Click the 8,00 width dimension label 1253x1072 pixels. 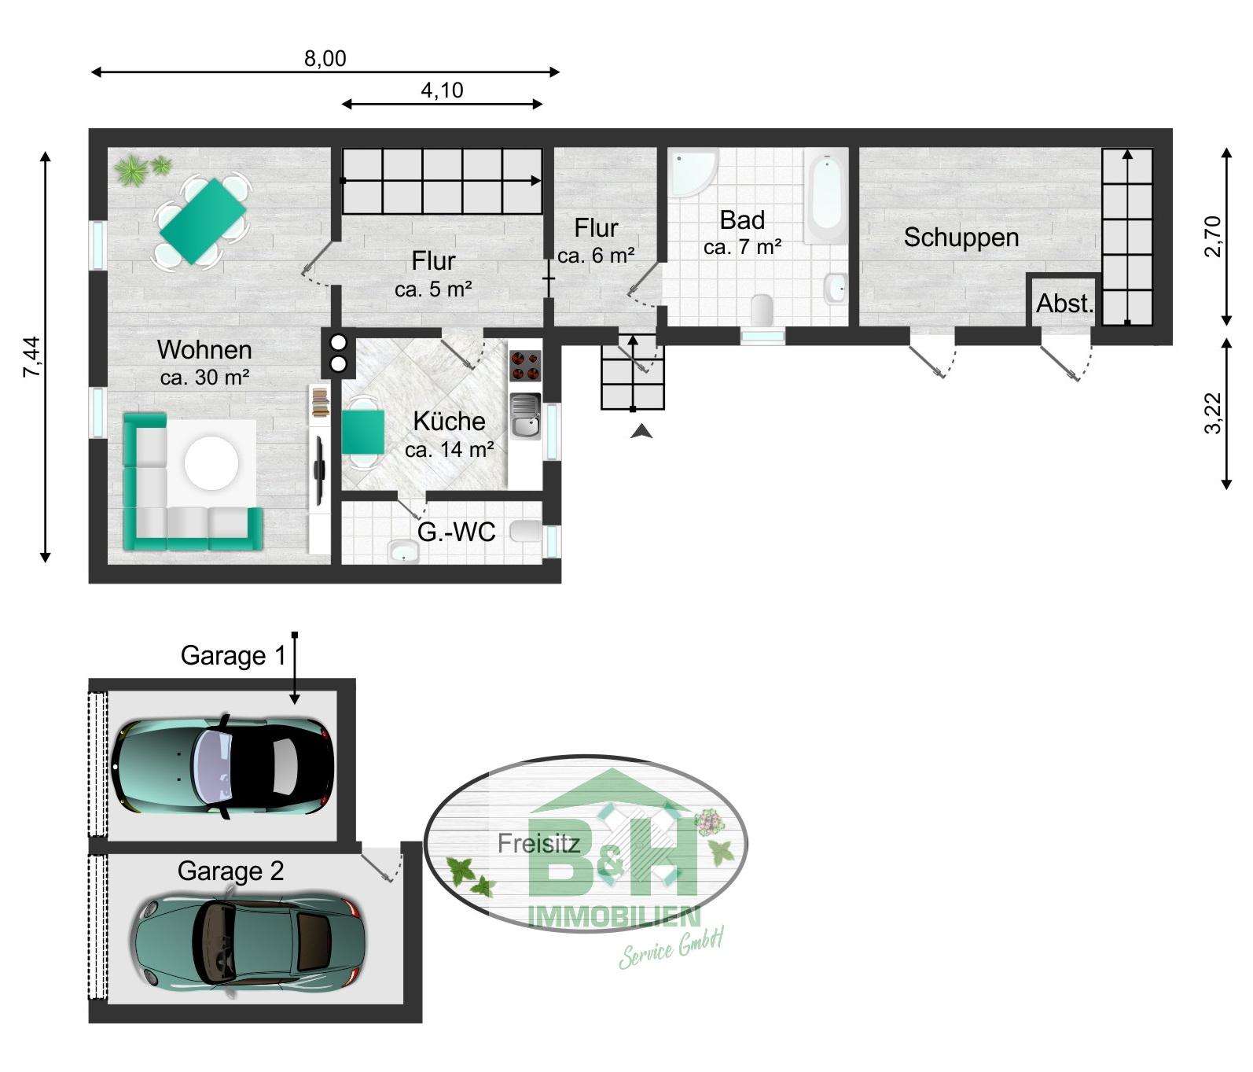point(325,58)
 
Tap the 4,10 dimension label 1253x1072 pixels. point(442,90)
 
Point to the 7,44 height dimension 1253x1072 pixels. point(33,357)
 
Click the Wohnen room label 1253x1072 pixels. point(204,350)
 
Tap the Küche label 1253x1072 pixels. point(449,421)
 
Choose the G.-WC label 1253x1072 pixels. point(456,532)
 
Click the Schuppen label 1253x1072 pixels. point(961,238)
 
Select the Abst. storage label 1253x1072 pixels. point(1065,303)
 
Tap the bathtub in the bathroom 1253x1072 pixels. point(825,195)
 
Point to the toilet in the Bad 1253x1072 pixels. point(762,309)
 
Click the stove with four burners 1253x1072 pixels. point(525,366)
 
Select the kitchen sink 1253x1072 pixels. point(525,415)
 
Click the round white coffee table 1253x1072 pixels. point(211,462)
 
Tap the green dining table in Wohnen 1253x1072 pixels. point(203,221)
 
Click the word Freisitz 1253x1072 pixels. point(538,844)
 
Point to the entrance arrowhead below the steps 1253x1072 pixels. point(641,430)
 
